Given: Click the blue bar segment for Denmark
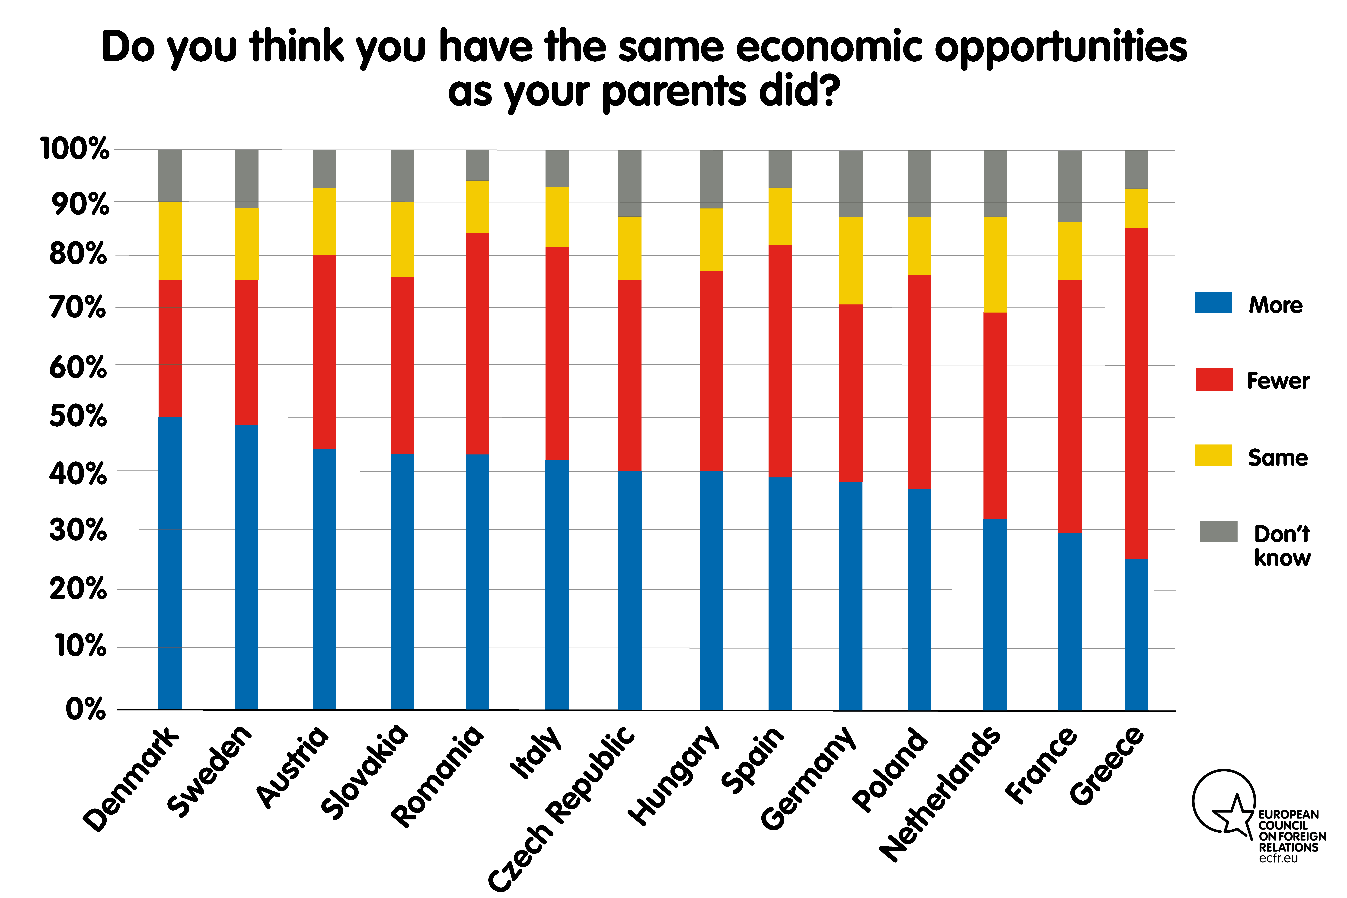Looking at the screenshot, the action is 170,563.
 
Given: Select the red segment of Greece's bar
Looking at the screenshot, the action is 1136,393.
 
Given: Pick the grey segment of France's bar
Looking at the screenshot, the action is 1070,186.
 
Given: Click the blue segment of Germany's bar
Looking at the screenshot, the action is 850,596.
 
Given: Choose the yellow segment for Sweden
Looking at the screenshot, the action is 247,244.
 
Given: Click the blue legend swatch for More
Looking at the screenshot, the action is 1213,302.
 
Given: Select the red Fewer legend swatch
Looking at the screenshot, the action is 1214,380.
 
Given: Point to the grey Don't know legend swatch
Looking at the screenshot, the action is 1219,531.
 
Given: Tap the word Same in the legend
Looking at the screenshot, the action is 1278,458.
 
